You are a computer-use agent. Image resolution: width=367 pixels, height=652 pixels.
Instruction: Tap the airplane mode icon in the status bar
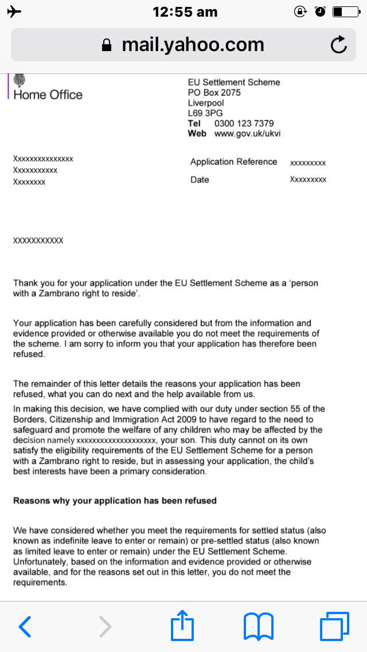pos(14,11)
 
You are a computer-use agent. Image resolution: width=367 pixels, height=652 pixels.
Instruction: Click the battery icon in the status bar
pos(345,11)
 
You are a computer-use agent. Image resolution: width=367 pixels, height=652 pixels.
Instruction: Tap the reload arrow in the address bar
pos(339,45)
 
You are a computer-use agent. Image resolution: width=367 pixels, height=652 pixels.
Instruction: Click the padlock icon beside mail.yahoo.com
pos(106,45)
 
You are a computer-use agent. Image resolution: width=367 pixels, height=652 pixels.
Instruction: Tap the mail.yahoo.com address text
pos(193,45)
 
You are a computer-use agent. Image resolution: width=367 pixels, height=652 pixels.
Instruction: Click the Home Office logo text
pos(48,95)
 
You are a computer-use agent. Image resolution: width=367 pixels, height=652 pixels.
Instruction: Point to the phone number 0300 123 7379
pos(244,123)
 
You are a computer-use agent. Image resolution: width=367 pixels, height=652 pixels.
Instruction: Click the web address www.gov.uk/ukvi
pos(247,134)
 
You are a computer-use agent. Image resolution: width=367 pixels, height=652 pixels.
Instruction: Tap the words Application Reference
pos(233,162)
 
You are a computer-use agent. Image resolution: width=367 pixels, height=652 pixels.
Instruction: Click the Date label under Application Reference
pos(200,180)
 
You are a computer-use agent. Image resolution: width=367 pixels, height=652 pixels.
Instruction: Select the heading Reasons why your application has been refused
pos(115,500)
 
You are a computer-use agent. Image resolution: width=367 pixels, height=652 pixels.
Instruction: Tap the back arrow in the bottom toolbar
pos(25,626)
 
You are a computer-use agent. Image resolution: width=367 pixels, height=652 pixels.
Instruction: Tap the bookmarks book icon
pos(258,626)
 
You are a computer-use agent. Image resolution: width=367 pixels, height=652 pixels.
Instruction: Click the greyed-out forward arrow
pos(105,626)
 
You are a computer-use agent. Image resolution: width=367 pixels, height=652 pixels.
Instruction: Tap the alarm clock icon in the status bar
pos(321,11)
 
